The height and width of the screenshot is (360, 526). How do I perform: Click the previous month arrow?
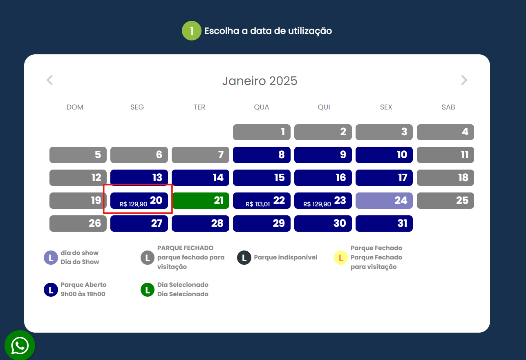[49, 80]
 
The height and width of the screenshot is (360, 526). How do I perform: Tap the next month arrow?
[464, 80]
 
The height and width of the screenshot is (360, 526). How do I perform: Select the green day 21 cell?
[200, 201]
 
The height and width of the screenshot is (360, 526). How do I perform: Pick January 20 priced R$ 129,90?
[139, 201]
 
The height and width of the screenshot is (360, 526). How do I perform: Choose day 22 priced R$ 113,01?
[262, 201]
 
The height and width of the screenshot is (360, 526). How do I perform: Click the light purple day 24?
[384, 201]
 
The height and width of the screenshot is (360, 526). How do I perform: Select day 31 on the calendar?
[384, 224]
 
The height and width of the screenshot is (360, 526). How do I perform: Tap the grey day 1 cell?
[262, 132]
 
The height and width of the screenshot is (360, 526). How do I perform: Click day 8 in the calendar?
[262, 155]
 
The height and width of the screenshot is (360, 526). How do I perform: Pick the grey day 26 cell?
[78, 224]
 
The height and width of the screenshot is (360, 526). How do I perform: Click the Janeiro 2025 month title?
[260, 81]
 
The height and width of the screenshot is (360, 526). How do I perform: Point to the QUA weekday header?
[262, 107]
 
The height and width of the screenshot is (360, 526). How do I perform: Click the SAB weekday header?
[448, 107]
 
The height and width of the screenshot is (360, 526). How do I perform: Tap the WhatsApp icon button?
[20, 346]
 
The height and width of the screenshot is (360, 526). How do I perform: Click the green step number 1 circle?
[191, 31]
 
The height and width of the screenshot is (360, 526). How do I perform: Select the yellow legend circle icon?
[341, 258]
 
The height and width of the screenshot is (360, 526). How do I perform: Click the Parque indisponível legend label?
[285, 257]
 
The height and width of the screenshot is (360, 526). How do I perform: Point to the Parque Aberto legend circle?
[51, 290]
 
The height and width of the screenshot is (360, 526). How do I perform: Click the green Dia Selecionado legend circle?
[148, 290]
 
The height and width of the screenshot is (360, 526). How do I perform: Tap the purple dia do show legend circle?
[51, 258]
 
